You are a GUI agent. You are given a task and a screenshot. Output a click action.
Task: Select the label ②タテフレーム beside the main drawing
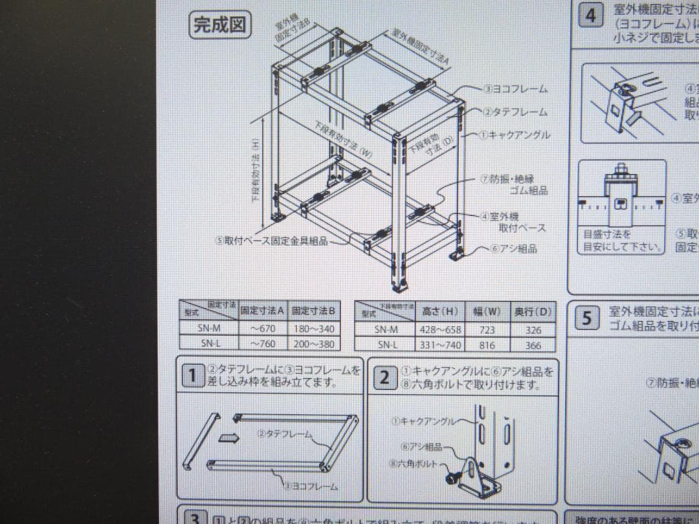tap(515, 111)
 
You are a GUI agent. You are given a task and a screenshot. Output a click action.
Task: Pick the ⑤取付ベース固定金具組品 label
tap(271, 241)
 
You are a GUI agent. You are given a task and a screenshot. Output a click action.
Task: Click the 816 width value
tap(485, 345)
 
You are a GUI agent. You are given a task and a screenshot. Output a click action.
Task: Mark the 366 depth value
tap(533, 345)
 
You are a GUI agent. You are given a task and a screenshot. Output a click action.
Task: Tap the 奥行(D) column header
tap(533, 312)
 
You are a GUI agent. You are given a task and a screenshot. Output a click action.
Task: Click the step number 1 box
tap(192, 375)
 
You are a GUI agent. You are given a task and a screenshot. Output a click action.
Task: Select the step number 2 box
tap(384, 377)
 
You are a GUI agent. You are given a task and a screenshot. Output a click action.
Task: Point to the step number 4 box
tap(591, 15)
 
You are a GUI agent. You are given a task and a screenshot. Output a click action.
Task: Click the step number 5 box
tap(586, 318)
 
